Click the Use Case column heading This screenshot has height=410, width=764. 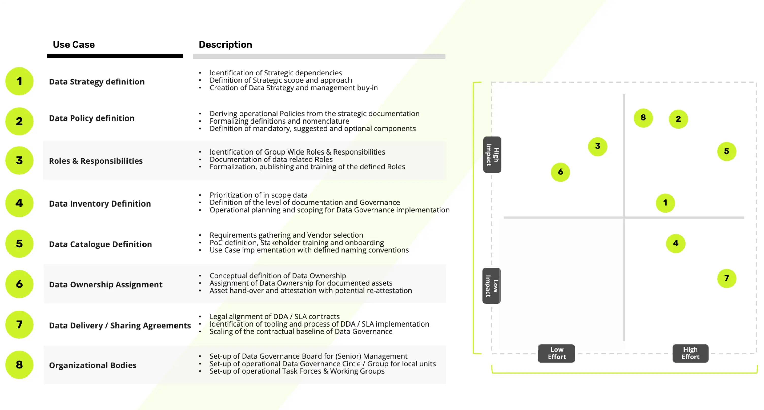[x=74, y=45]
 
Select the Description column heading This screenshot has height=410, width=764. [x=225, y=45]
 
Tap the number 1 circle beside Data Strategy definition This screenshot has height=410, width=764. [x=19, y=81]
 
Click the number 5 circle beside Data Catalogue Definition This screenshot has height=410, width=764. [x=19, y=244]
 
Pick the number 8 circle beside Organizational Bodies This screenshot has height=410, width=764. [x=19, y=365]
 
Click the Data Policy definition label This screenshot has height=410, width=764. [x=92, y=118]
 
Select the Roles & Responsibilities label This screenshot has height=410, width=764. [x=96, y=161]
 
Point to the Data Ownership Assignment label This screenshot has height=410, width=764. [x=106, y=285]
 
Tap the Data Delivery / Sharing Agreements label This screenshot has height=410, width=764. [x=120, y=326]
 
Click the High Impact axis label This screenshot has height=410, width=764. [x=492, y=155]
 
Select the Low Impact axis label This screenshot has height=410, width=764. [x=491, y=286]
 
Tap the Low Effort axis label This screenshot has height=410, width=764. [x=556, y=353]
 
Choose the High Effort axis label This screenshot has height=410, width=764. [x=690, y=353]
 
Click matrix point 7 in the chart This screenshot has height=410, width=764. [x=727, y=278]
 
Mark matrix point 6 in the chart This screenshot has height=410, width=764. [x=560, y=172]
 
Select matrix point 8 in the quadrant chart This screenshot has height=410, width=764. [x=643, y=118]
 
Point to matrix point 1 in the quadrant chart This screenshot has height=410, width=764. [x=665, y=203]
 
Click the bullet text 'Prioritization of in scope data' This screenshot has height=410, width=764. [x=258, y=195]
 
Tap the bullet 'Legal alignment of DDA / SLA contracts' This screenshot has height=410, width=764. [x=274, y=316]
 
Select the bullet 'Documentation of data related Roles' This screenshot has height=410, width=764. [x=271, y=159]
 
